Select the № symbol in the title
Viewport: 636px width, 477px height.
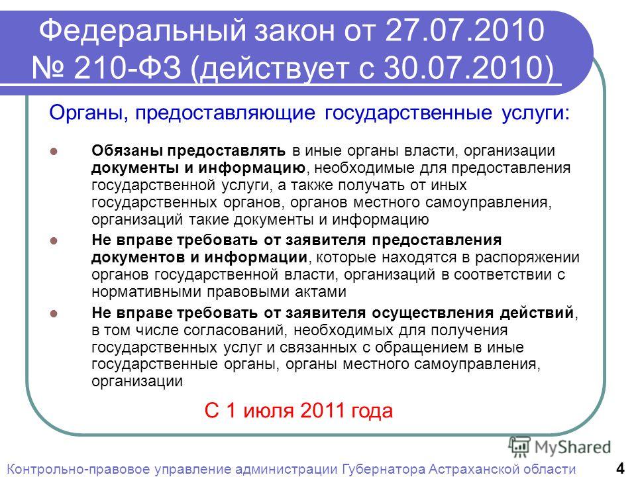(x=48, y=68)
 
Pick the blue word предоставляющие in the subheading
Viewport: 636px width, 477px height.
(x=225, y=113)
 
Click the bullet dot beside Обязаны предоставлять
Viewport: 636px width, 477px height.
(x=54, y=151)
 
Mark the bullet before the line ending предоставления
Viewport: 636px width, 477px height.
(x=54, y=240)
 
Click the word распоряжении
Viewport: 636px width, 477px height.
(x=527, y=258)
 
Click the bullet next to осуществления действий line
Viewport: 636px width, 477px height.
(x=54, y=313)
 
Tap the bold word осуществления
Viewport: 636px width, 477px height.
(x=433, y=313)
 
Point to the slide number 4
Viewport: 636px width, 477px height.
(x=621, y=468)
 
